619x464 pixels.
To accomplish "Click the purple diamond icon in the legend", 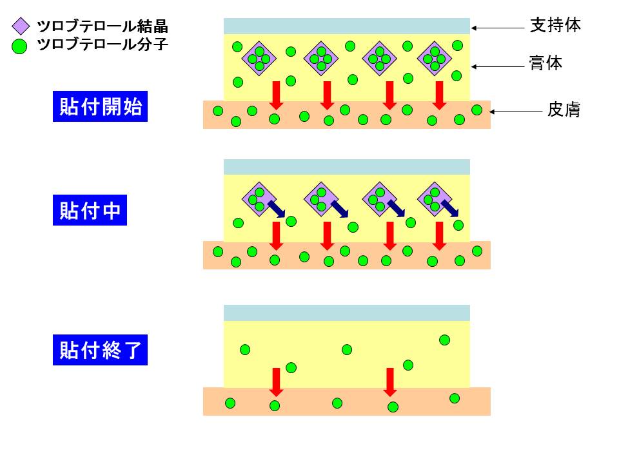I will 21,26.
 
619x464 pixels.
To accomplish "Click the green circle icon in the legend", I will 21,46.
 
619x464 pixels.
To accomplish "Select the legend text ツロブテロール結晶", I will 103,26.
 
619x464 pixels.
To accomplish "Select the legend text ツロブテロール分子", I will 103,45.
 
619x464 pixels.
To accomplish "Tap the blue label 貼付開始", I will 100,106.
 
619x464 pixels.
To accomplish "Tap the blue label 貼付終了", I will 100,351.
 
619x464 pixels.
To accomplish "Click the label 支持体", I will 555,26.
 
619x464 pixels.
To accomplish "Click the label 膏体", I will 546,64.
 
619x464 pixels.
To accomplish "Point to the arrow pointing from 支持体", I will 499,27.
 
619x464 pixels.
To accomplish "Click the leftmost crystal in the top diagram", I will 259,59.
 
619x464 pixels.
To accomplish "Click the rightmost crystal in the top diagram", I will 435,59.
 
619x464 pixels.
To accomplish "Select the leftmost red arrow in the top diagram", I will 276,95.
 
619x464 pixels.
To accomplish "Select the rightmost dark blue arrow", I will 450,208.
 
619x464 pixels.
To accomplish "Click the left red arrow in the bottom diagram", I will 276,382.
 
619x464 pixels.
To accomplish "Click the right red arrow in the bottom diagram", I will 389,382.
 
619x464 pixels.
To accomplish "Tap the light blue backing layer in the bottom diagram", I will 346,313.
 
